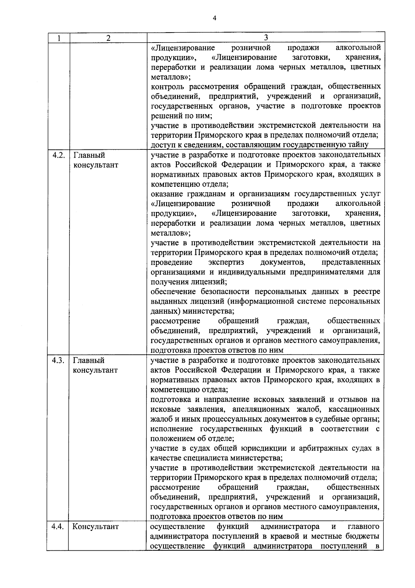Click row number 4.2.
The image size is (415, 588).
click(x=58, y=155)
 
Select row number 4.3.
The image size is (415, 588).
click(x=58, y=360)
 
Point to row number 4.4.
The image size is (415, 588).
click(x=58, y=527)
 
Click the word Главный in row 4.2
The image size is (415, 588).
click(x=89, y=155)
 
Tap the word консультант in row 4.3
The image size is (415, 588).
click(x=95, y=370)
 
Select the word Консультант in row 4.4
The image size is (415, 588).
click(x=95, y=527)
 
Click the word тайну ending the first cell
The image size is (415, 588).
click(x=359, y=145)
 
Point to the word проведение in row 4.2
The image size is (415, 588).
click(x=172, y=262)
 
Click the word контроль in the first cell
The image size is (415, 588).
click(x=165, y=86)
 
